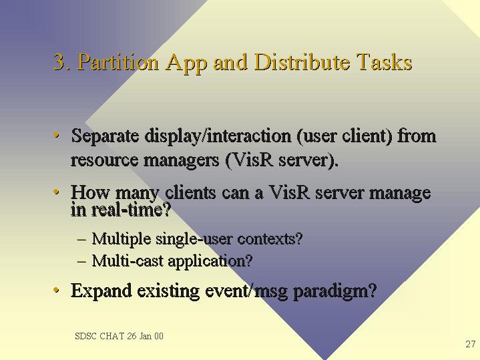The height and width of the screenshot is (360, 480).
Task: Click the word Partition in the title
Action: coord(118,62)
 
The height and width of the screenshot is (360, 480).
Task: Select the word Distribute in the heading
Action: coord(302,62)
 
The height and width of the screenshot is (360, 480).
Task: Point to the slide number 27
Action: coord(471,344)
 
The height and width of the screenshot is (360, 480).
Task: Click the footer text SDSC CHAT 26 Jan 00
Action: coord(119,336)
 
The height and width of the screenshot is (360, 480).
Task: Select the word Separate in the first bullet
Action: coord(105,136)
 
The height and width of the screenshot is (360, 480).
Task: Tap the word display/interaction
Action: coord(218,136)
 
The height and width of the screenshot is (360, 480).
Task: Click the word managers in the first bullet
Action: coord(181,160)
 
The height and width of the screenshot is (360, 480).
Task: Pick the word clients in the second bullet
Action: coord(190,192)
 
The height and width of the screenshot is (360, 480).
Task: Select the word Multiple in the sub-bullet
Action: coord(122,238)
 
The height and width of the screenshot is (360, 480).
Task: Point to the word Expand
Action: coord(101,291)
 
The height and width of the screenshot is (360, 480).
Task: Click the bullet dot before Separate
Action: coord(56,135)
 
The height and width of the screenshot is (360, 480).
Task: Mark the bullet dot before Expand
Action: coord(56,289)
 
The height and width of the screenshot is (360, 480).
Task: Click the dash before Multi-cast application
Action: coord(81,261)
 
